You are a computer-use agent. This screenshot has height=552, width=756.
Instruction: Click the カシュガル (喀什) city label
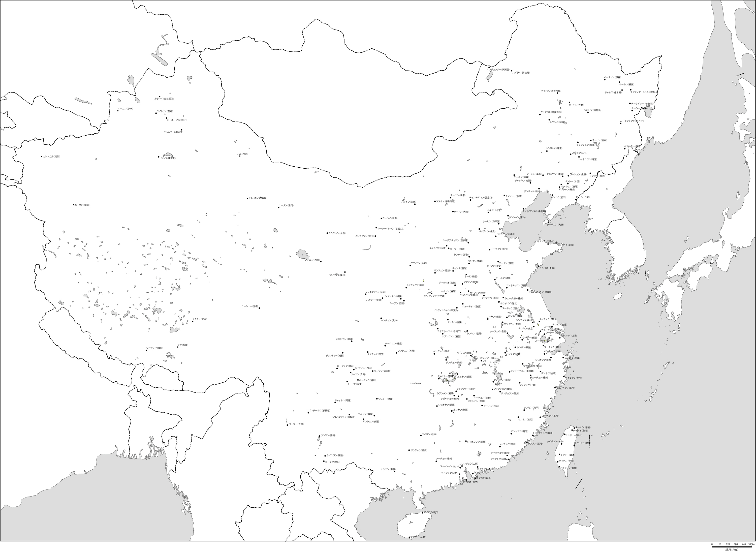51,156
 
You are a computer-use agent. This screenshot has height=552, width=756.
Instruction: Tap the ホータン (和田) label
82,204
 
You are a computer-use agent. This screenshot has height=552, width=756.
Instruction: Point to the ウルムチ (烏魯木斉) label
173,132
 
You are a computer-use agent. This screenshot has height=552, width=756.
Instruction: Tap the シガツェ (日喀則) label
154,348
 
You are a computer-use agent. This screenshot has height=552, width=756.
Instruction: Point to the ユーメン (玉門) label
286,205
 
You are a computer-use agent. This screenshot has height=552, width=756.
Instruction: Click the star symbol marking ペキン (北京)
488,212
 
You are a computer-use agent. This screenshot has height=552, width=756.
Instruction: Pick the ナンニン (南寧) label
388,469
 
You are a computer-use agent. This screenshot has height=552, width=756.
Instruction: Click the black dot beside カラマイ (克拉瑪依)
160,97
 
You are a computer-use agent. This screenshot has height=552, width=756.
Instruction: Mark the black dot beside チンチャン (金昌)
327,233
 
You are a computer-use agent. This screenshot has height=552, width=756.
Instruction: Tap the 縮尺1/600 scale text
732,550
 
